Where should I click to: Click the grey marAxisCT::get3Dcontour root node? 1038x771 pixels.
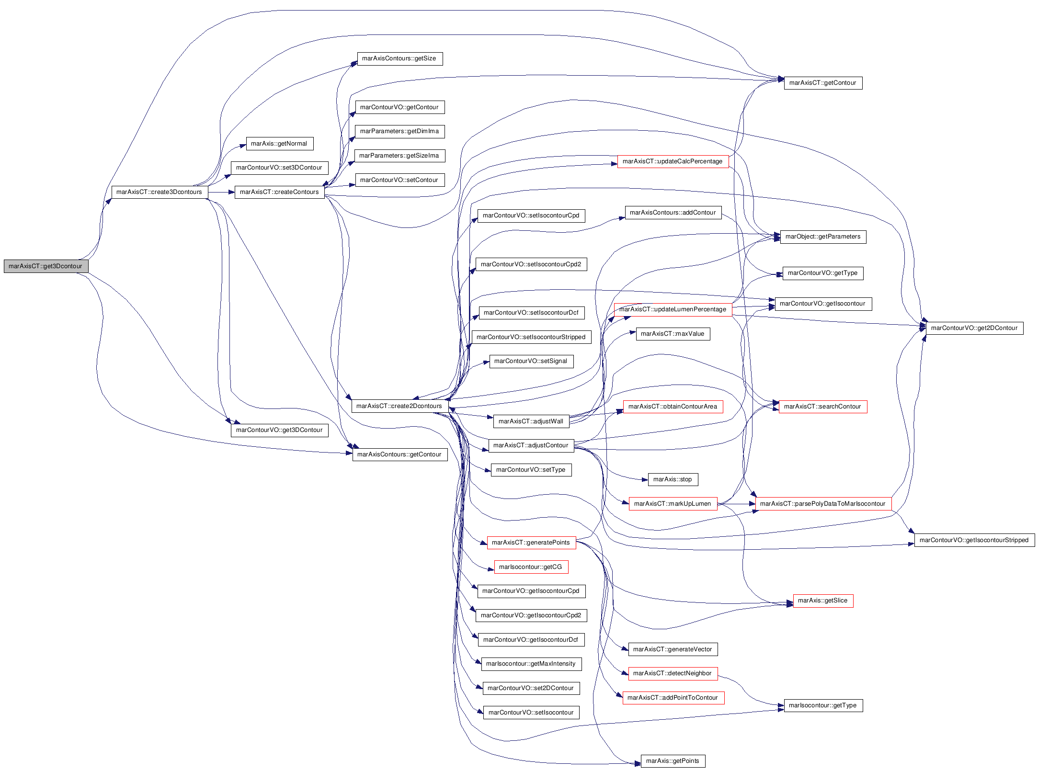click(46, 266)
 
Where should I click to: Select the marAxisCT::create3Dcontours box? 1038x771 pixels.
click(160, 192)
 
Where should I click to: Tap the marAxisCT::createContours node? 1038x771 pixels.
click(279, 192)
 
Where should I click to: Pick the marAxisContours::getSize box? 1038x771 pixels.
click(399, 59)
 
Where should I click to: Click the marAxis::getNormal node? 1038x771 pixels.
click(280, 144)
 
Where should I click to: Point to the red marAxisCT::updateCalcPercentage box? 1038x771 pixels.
click(673, 161)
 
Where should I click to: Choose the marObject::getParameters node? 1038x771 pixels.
click(823, 237)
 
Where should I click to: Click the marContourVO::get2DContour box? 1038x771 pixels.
click(974, 328)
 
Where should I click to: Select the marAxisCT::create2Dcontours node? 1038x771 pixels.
click(399, 406)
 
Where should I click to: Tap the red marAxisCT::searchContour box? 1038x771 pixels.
click(823, 407)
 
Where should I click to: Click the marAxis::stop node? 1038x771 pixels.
click(673, 479)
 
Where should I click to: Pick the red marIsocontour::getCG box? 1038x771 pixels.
click(531, 567)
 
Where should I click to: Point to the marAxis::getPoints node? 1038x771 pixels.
click(673, 761)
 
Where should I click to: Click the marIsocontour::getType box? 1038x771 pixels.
click(823, 705)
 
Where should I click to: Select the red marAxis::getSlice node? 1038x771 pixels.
click(823, 601)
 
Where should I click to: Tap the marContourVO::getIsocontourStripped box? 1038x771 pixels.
click(974, 540)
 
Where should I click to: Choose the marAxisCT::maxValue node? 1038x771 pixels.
click(673, 334)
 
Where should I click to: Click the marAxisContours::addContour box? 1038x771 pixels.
click(673, 213)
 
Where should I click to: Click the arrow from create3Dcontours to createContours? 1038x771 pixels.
click(221, 192)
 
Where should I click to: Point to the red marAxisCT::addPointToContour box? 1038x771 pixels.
click(673, 698)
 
